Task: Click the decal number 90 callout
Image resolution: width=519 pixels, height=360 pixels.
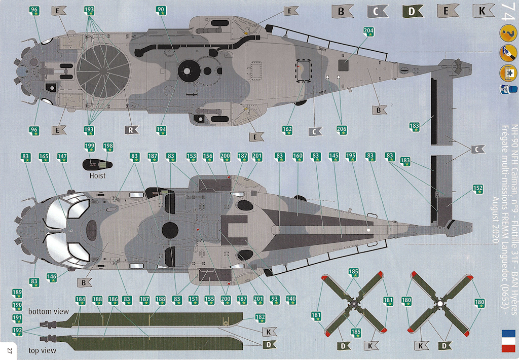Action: tap(161, 11)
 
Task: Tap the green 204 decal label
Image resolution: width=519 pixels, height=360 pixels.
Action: tap(369, 31)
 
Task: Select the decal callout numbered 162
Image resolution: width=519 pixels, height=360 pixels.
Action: tap(287, 130)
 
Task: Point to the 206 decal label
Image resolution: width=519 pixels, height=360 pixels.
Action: tap(342, 130)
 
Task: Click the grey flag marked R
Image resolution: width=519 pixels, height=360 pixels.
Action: tap(131, 130)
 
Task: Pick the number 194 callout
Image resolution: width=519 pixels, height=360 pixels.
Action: tap(161, 130)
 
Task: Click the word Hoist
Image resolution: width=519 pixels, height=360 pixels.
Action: tap(98, 175)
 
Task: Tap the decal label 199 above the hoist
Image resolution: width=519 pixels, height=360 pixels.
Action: tap(89, 147)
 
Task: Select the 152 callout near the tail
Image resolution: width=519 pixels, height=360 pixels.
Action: tap(477, 189)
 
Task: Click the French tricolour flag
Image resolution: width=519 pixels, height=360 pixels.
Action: tap(508, 341)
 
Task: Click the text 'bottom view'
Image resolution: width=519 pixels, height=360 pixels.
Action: tap(49, 311)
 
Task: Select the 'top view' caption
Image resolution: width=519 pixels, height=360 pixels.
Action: tap(43, 350)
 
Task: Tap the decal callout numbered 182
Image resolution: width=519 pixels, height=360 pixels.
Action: tap(260, 317)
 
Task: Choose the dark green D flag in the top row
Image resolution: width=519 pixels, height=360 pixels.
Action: tap(412, 12)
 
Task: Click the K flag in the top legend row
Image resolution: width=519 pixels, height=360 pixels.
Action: tap(483, 11)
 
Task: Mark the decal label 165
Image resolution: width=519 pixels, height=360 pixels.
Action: tap(44, 157)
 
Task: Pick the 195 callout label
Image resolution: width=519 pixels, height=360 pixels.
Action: tap(351, 157)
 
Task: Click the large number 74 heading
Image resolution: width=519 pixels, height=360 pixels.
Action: tap(508, 12)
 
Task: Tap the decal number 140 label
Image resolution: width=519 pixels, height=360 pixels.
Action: tap(291, 299)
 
